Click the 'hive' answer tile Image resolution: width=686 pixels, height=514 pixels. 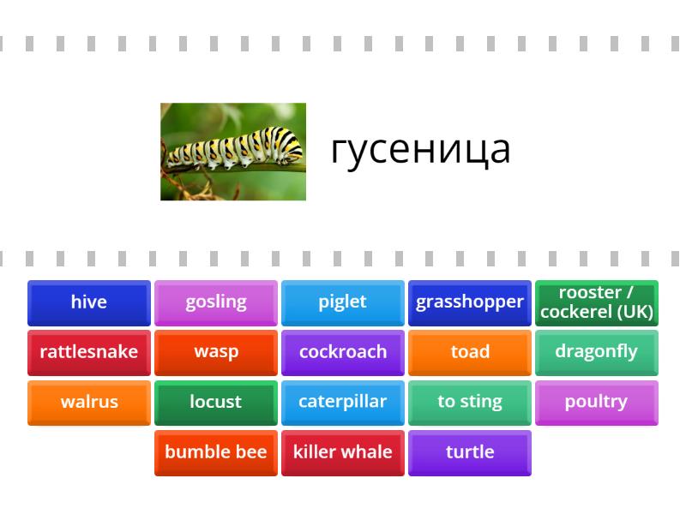[89, 302]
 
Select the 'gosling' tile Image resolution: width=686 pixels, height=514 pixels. [216, 302]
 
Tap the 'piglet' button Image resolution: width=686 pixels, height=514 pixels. [343, 302]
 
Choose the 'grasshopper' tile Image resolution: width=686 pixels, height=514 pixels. [470, 302]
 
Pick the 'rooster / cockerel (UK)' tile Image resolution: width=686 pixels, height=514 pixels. [597, 302]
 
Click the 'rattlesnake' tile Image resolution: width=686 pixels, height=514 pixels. [89, 352]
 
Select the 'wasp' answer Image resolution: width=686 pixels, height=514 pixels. [216, 352]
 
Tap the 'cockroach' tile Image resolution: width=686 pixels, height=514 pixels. [343, 352]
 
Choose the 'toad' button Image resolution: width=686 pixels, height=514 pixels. [470, 352]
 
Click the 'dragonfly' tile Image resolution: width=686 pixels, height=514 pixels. [597, 352]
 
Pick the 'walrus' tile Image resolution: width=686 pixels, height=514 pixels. [89, 402]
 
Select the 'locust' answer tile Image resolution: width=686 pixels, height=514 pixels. [216, 402]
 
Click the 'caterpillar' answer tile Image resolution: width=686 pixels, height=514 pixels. [343, 402]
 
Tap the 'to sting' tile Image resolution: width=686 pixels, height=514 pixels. [470, 402]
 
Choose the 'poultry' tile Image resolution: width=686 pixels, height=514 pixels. [597, 402]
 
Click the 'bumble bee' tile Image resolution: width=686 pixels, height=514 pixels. [216, 452]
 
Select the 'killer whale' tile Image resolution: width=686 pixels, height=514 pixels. [343, 452]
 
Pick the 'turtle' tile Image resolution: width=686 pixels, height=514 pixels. [470, 452]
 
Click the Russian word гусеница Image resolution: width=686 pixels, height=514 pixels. [420, 150]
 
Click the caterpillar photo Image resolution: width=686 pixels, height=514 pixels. [233, 152]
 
